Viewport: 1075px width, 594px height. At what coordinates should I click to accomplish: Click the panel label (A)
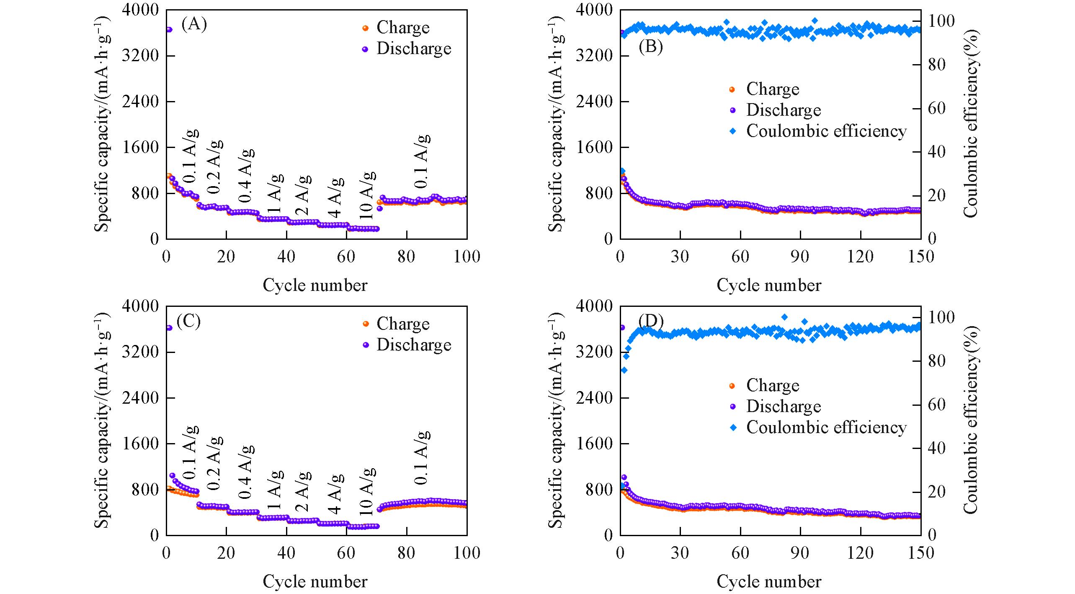194,25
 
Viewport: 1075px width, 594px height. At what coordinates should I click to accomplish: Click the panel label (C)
188,321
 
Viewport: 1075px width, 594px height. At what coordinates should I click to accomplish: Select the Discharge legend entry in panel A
413,49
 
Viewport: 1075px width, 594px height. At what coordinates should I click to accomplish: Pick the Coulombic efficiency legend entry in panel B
826,131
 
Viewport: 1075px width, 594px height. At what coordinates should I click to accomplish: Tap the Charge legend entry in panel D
772,386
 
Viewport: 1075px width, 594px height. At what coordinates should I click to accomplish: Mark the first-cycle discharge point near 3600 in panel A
169,29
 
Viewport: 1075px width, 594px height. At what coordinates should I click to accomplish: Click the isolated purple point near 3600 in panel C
169,327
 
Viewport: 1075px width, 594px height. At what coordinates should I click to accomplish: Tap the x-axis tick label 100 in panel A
467,257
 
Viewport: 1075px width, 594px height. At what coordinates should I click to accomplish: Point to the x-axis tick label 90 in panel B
800,257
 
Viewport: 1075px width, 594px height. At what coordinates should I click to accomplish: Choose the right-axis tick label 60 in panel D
936,405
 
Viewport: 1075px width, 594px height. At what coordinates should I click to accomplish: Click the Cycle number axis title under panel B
769,285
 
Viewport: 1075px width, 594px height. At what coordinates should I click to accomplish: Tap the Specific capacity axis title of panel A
101,124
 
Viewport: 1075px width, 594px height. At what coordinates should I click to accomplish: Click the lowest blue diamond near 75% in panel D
624,370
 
